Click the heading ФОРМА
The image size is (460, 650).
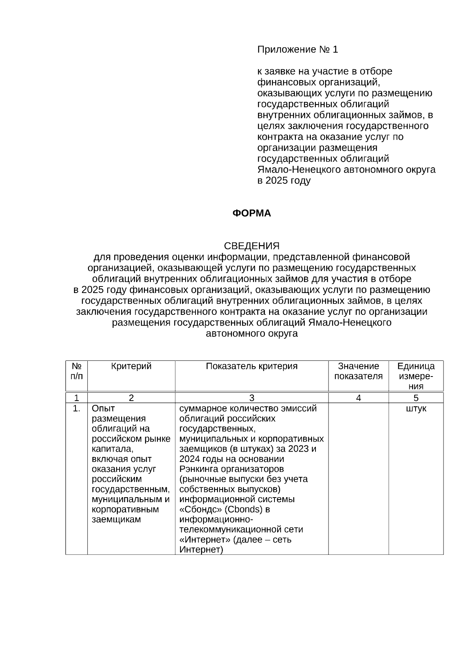251,213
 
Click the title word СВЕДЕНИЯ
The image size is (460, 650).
251,246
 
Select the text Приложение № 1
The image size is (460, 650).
297,50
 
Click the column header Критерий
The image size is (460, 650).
131,366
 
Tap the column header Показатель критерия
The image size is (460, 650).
251,366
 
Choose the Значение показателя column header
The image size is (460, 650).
358,371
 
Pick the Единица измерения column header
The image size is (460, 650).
416,376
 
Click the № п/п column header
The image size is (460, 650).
76,371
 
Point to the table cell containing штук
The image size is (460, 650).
416,409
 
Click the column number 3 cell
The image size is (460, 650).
251,398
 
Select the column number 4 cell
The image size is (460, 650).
358,398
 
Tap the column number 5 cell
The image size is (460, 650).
416,398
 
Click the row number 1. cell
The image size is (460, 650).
76,409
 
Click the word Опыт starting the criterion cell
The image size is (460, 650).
103,409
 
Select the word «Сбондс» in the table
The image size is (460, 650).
200,509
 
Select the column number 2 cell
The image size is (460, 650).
131,398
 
